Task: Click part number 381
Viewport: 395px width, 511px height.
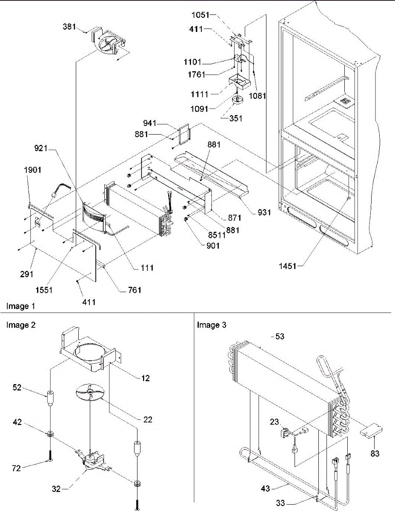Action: (69, 27)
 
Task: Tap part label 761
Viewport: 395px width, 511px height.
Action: (134, 290)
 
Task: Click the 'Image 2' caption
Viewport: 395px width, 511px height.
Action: (21, 325)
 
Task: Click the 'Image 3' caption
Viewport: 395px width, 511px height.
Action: (212, 325)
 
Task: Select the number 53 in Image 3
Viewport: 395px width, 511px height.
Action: (280, 336)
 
